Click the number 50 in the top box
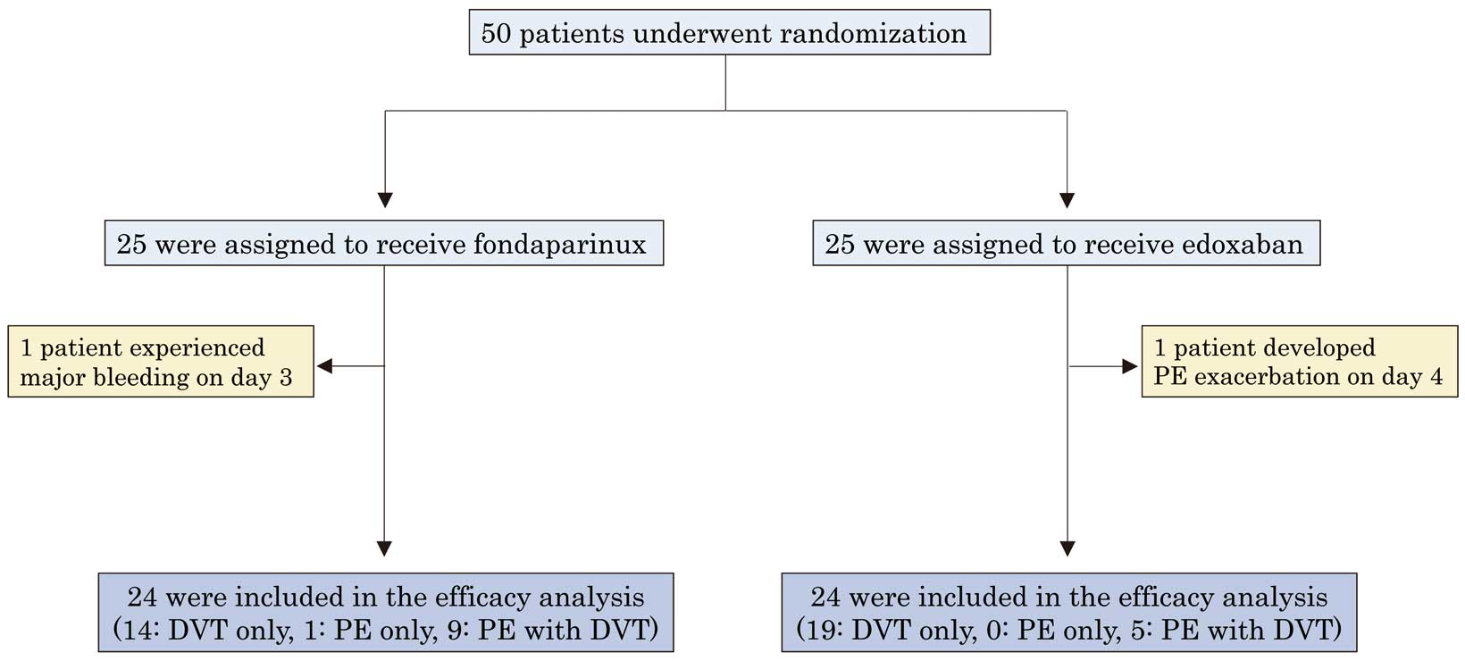tap(496, 34)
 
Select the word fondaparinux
tap(560, 245)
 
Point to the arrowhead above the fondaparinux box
tap(385, 200)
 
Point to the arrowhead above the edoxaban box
tap(1067, 200)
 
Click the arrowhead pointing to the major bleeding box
tap(324, 366)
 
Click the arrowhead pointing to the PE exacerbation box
tap(1129, 366)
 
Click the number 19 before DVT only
tap(825, 631)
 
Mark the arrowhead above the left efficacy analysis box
tap(384, 548)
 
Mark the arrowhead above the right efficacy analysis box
tap(1067, 548)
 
